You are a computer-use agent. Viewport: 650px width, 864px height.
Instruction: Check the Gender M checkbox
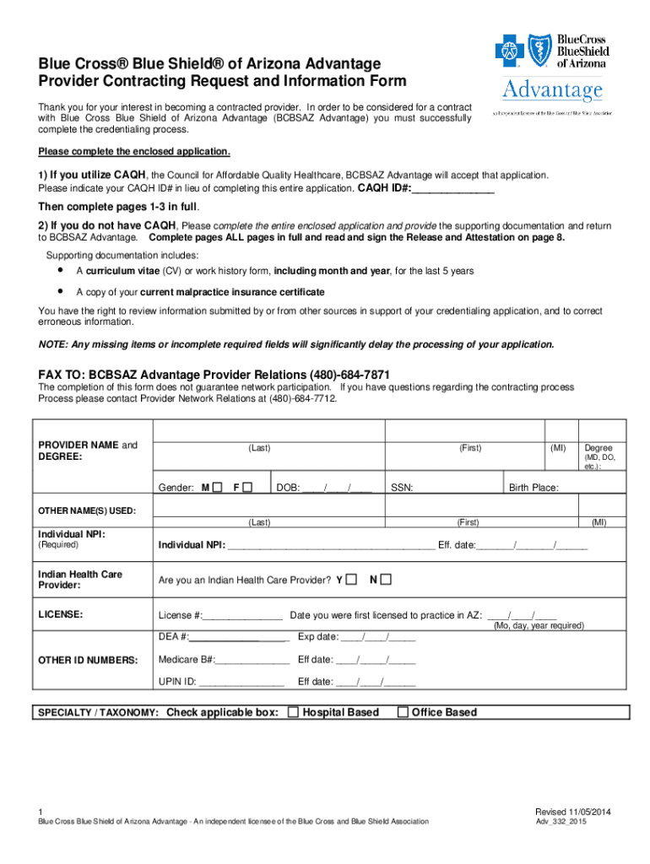(x=217, y=487)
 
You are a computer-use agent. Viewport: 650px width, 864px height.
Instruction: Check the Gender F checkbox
(x=249, y=487)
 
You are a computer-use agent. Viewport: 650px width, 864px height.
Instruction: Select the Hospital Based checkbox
(x=293, y=712)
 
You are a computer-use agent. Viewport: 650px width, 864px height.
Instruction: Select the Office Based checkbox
(x=403, y=712)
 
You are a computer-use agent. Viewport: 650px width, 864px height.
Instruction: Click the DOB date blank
(x=337, y=488)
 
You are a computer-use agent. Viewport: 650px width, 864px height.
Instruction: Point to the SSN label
(x=401, y=488)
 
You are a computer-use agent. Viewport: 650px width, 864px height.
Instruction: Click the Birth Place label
(x=534, y=488)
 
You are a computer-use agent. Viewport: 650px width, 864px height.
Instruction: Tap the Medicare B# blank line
(x=252, y=659)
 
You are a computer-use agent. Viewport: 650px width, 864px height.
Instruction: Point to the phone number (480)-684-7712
(x=302, y=398)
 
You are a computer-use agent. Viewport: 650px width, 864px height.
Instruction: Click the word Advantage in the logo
(x=553, y=89)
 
